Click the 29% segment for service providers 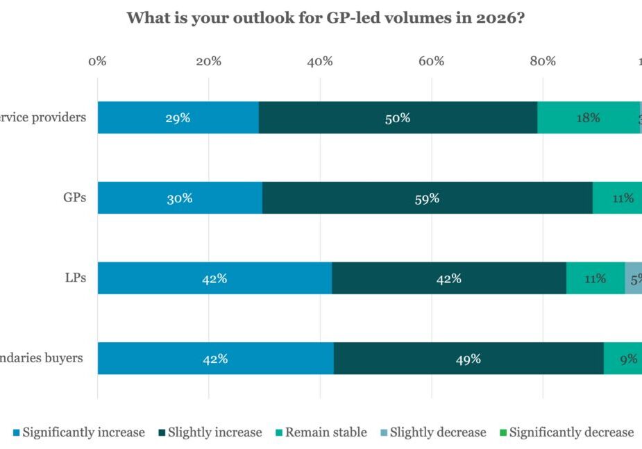point(178,117)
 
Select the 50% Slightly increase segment point(398,117)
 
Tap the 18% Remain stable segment point(588,117)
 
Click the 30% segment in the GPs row point(180,198)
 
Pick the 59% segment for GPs point(427,198)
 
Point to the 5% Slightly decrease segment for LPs point(634,278)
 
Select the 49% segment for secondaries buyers point(468,359)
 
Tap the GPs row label point(74,197)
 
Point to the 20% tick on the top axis point(208,61)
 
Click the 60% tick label point(431,61)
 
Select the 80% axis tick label point(543,61)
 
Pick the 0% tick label point(97,61)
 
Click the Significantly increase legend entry point(83,432)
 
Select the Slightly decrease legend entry point(437,432)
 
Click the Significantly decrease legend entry point(571,432)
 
